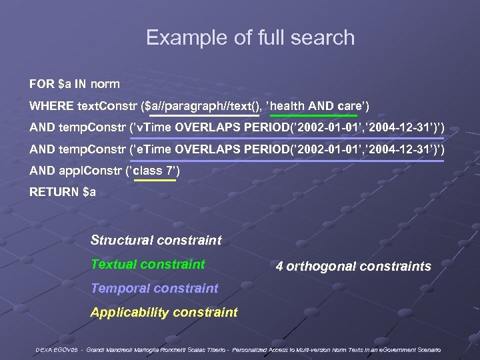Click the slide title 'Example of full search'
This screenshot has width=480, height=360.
point(250,37)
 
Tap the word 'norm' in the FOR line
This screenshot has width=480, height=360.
point(105,85)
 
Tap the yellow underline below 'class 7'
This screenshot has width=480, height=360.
point(155,180)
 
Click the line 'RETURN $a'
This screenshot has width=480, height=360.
point(63,193)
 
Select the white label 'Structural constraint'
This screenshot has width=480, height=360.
point(156,240)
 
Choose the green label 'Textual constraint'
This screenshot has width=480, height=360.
point(148,264)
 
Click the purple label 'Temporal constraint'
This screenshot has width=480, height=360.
point(154,288)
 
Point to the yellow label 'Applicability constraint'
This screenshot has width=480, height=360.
point(164,312)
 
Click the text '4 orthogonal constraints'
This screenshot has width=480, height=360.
point(353,267)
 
